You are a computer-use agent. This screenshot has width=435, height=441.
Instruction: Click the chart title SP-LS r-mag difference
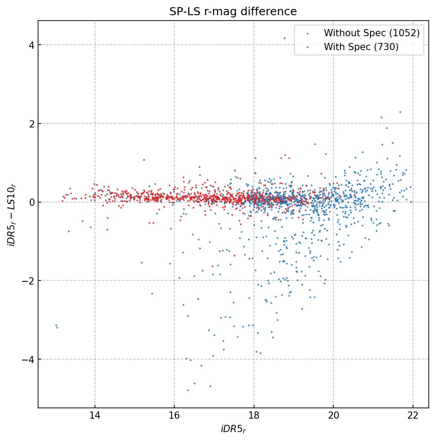(x=233, y=12)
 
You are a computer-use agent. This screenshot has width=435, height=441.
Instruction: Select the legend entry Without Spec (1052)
(x=371, y=33)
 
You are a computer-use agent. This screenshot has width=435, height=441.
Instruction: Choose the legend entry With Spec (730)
(x=361, y=47)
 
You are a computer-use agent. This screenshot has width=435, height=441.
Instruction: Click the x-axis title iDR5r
(x=233, y=429)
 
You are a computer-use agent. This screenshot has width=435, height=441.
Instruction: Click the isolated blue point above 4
(x=284, y=38)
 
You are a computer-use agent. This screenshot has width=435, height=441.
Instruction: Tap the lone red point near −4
(x=190, y=360)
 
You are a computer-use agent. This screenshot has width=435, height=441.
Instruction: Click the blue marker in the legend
(x=307, y=34)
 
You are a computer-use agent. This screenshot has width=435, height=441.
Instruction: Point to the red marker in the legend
(x=307, y=47)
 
